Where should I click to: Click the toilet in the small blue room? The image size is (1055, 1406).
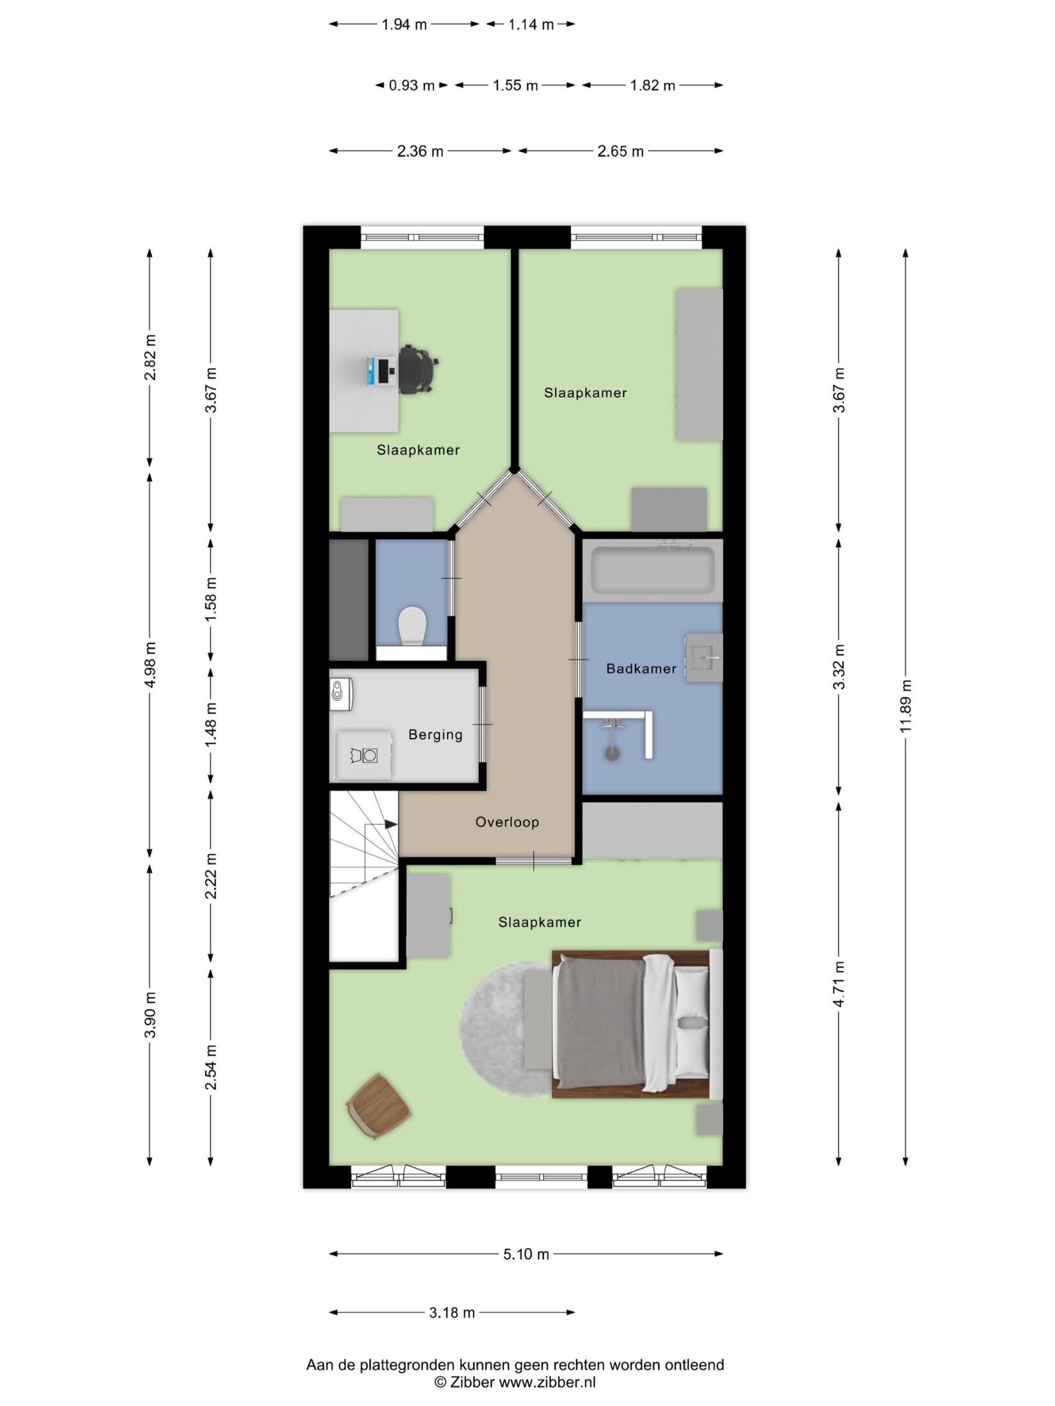pyautogui.click(x=412, y=626)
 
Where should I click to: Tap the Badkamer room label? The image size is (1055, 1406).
pyautogui.click(x=641, y=668)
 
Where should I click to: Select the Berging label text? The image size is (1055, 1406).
pyautogui.click(x=435, y=734)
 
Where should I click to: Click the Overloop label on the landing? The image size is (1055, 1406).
pyautogui.click(x=507, y=822)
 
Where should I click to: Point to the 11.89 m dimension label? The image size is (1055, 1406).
pyautogui.click(x=905, y=706)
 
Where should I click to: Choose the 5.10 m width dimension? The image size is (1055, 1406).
pyautogui.click(x=526, y=1254)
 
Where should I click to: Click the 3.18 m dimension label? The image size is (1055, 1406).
pyautogui.click(x=452, y=1313)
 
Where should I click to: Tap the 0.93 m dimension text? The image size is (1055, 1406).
pyautogui.click(x=412, y=85)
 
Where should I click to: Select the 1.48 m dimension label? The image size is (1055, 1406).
pyautogui.click(x=211, y=724)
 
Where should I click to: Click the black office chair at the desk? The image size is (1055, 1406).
pyautogui.click(x=417, y=369)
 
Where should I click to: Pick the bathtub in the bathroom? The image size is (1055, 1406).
pyautogui.click(x=652, y=569)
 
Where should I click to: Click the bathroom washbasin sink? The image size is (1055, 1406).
pyautogui.click(x=704, y=658)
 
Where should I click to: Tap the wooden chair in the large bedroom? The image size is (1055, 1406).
pyautogui.click(x=379, y=1106)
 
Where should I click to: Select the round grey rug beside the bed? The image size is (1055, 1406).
pyautogui.click(x=505, y=1030)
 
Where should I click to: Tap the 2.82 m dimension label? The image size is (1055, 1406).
pyautogui.click(x=150, y=357)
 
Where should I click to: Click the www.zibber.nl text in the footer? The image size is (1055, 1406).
pyautogui.click(x=547, y=1382)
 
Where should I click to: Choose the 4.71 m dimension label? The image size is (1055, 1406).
pyautogui.click(x=839, y=984)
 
